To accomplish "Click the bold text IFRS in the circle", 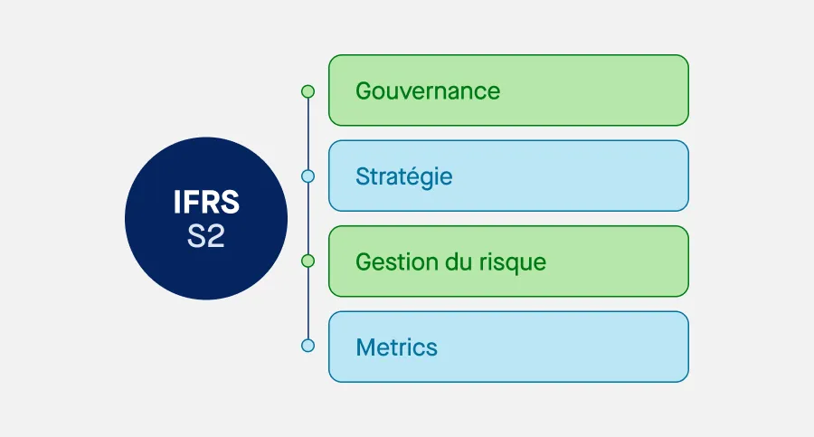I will (206, 202).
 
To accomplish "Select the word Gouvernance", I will (428, 90).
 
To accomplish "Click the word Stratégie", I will (403, 176).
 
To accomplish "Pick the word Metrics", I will (396, 347).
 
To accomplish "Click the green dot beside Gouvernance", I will (308, 90).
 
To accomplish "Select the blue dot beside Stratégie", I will (308, 176).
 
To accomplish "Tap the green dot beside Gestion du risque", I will (308, 261).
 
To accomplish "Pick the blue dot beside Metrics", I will (308, 346).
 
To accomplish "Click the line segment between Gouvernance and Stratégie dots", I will (308, 133).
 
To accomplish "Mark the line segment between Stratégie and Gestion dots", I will (308, 218).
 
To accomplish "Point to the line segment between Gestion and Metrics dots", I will (308, 303).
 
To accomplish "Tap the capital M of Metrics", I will (365, 347).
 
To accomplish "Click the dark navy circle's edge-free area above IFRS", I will (206, 163).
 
